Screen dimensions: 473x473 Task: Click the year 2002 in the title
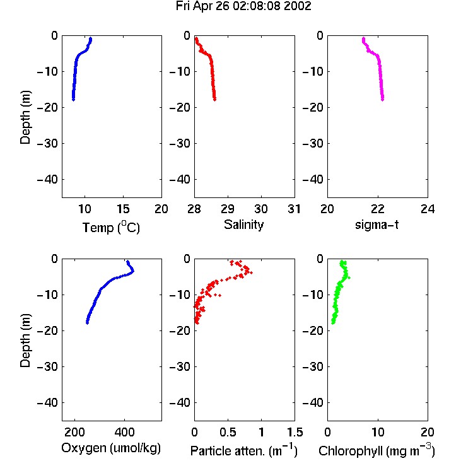[298, 6]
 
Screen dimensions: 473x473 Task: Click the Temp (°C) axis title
[111, 227]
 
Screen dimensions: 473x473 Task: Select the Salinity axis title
[243, 225]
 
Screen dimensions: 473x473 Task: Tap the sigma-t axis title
[377, 225]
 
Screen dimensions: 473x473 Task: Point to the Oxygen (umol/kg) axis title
[111, 448]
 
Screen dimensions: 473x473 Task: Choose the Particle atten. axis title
[244, 450]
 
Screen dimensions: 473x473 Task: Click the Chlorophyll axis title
[377, 450]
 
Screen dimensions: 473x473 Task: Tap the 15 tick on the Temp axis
[123, 209]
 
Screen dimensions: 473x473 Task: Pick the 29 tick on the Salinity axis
[228, 209]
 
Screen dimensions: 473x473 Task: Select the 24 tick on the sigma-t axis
[428, 209]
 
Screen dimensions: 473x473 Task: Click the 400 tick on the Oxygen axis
[124, 432]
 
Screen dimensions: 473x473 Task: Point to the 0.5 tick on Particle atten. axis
[228, 432]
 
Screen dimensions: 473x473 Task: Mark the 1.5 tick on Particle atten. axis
[295, 432]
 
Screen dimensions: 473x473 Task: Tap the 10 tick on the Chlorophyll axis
[378, 432]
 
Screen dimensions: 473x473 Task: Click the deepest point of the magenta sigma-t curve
[383, 99]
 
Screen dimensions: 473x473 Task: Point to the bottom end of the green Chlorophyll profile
[333, 323]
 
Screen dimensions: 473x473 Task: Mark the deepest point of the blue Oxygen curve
[87, 323]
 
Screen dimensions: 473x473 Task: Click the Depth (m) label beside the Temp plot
[25, 117]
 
